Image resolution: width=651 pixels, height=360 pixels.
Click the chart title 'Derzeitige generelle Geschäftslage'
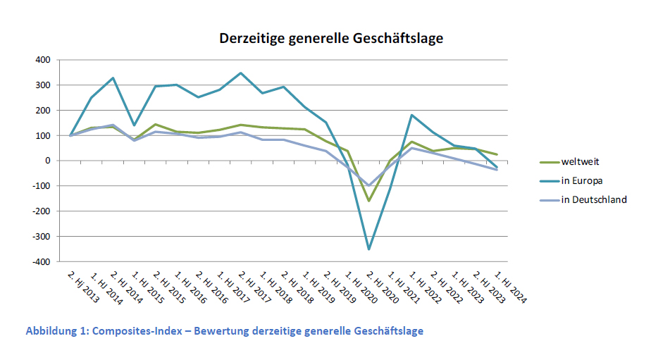coord(330,38)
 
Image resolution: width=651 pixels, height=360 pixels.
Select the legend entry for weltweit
coord(581,161)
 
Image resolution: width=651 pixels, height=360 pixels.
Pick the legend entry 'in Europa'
coord(583,180)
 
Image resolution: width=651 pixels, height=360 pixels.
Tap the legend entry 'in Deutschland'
coord(594,199)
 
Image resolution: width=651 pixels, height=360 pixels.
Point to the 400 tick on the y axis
coord(42,60)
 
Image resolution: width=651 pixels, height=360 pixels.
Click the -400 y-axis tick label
coord(40,261)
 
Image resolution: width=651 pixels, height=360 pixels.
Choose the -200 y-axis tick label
coord(40,211)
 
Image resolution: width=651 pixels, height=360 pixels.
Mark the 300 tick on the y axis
coord(42,85)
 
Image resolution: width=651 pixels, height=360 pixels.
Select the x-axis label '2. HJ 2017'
coord(252,285)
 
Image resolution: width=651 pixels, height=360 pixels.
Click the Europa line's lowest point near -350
coord(368,249)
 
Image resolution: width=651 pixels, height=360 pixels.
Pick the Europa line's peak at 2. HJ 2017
coord(240,73)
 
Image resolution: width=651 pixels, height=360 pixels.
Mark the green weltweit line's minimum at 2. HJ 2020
coord(368,201)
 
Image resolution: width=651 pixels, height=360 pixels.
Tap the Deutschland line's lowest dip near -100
coord(368,185)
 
